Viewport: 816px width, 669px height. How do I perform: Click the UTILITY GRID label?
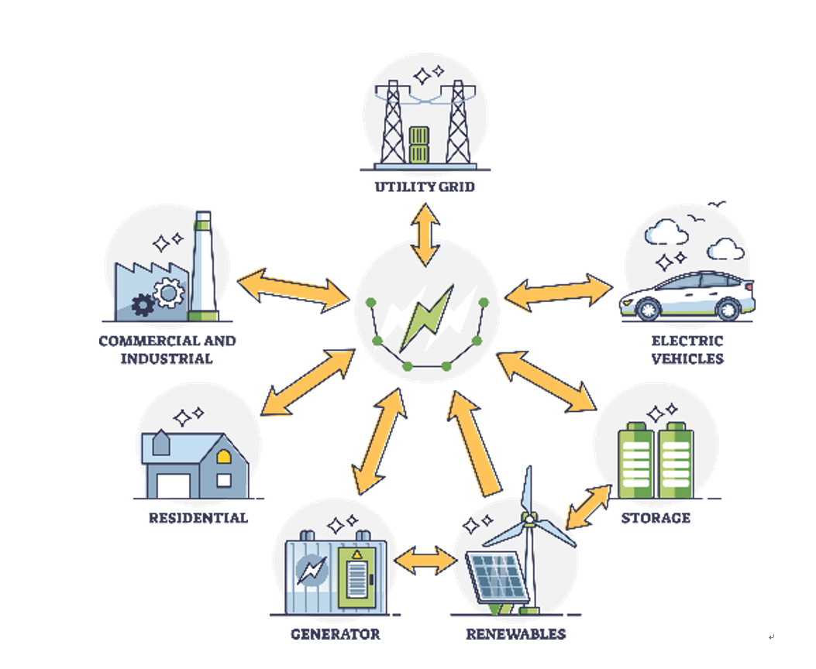(x=424, y=187)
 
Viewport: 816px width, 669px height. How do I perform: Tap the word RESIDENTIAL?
(x=198, y=517)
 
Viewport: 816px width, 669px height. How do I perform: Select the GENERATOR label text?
(x=336, y=634)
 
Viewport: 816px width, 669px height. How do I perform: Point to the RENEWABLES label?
(x=515, y=634)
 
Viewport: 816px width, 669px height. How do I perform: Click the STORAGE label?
(x=656, y=517)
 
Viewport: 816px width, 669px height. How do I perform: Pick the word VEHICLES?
(x=687, y=359)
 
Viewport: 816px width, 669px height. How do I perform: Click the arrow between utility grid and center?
(x=425, y=234)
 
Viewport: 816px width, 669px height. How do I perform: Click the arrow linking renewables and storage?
(x=589, y=507)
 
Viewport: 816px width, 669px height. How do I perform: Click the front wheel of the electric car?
(x=648, y=309)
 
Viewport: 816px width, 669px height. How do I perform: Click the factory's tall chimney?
(x=202, y=263)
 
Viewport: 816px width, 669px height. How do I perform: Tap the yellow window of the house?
(x=223, y=457)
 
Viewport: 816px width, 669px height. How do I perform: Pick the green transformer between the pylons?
(x=418, y=146)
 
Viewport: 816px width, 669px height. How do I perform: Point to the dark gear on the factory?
(x=143, y=305)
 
